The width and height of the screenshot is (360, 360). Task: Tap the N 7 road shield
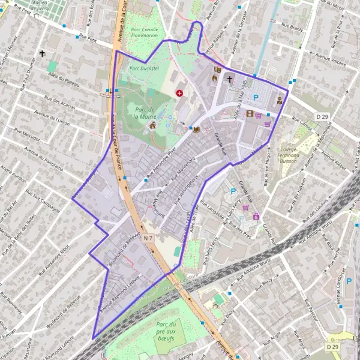[x=149, y=238]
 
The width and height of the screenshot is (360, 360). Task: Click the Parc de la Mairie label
[x=145, y=112]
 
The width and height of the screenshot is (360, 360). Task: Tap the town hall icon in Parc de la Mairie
[x=153, y=125]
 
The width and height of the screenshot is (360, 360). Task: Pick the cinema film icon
[x=250, y=113]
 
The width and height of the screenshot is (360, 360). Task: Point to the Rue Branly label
[x=296, y=28]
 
